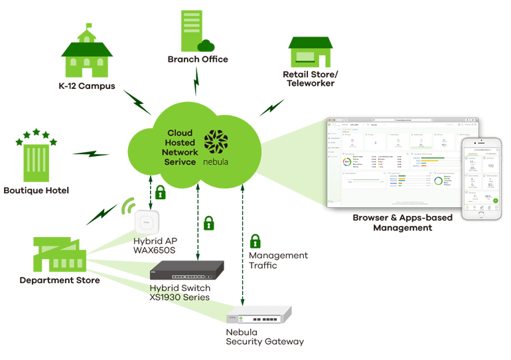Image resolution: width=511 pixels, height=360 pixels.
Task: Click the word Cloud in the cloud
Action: point(180,133)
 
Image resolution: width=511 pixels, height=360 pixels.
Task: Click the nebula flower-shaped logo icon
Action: point(217,142)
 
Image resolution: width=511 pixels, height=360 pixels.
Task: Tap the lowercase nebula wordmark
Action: point(217,161)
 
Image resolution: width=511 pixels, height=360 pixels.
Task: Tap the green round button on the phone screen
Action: point(495,200)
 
